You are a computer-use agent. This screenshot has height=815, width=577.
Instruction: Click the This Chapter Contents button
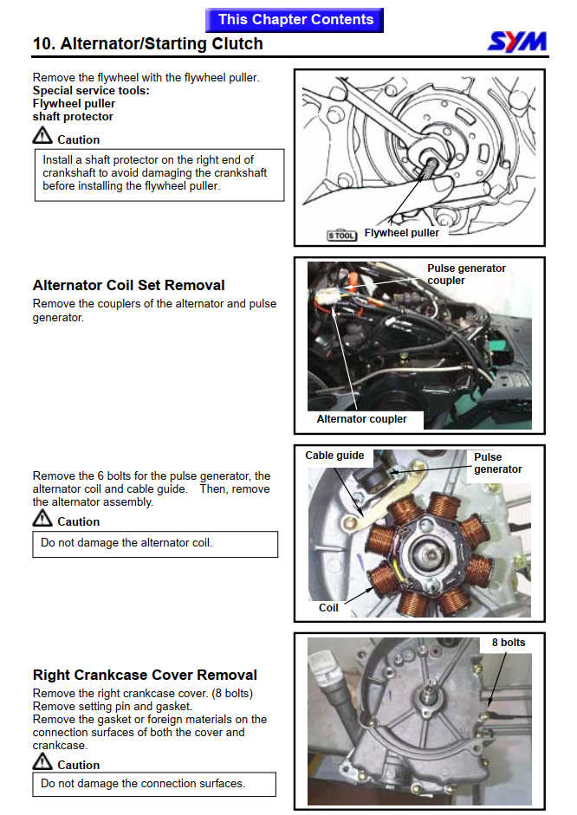pyautogui.click(x=295, y=19)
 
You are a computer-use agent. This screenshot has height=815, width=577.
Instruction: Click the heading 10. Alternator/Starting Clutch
pyautogui.click(x=148, y=43)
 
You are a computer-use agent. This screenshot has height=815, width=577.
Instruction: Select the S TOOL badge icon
pyautogui.click(x=341, y=234)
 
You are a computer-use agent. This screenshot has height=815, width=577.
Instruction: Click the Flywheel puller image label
pyautogui.click(x=401, y=233)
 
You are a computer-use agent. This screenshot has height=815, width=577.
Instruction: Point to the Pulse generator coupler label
pyautogui.click(x=466, y=275)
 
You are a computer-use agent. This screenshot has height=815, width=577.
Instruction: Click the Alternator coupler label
pyautogui.click(x=361, y=419)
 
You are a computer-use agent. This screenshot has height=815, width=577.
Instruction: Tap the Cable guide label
pyautogui.click(x=334, y=456)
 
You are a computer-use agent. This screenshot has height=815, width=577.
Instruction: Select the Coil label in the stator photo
pyautogui.click(x=328, y=608)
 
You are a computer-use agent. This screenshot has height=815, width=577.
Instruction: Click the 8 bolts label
pyautogui.click(x=508, y=643)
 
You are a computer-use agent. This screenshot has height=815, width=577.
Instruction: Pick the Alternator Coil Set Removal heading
pyautogui.click(x=128, y=285)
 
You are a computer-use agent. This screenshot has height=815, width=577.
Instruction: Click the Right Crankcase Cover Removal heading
pyautogui.click(x=145, y=675)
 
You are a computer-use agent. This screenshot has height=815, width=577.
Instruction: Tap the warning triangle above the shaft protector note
pyautogui.click(x=42, y=136)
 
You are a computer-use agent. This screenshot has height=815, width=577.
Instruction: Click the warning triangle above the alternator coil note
pyautogui.click(x=42, y=518)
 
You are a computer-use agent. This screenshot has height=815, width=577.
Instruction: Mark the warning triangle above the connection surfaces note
pyautogui.click(x=42, y=761)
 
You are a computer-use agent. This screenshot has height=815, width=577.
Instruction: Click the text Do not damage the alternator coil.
pyautogui.click(x=126, y=543)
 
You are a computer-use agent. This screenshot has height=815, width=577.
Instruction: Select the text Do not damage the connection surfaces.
pyautogui.click(x=143, y=783)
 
